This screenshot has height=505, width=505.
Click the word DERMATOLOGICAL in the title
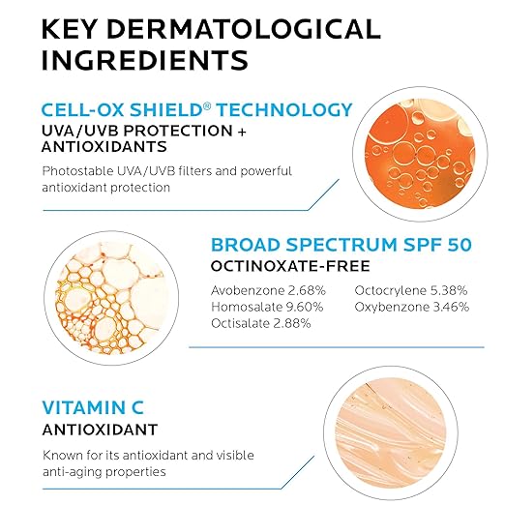tap(244, 29)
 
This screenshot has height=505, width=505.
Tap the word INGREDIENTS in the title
tap(145, 60)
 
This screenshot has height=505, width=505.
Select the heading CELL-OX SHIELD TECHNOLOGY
tap(196, 109)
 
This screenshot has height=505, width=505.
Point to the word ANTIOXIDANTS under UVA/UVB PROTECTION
tap(104, 147)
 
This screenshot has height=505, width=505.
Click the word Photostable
tap(77, 171)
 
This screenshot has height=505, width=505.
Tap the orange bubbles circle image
tap(420, 154)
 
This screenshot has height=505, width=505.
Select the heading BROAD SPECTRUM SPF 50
tap(342, 245)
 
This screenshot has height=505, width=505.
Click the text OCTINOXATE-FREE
tap(290, 266)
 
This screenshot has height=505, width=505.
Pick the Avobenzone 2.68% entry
tap(268, 290)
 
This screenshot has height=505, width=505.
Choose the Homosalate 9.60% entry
tap(267, 307)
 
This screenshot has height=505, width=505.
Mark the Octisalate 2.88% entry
tap(261, 323)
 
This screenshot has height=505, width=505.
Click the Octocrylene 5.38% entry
tap(411, 290)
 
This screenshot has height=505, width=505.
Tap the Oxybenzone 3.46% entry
tap(412, 307)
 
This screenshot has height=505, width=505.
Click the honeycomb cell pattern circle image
tap(111, 298)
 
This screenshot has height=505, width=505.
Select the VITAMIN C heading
tap(93, 407)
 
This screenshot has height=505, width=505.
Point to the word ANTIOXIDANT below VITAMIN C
tap(100, 430)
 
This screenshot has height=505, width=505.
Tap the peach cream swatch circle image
tap(391, 433)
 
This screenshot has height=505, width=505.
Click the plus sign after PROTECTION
tap(242, 132)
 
